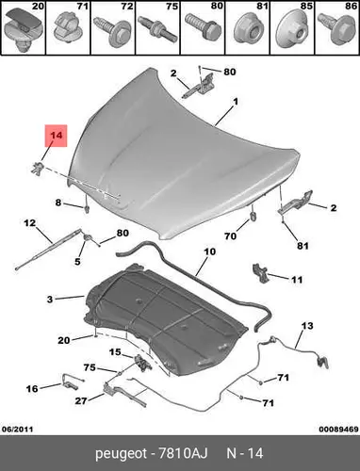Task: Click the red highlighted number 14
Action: coord(57,136)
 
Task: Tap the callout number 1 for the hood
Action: coord(235,102)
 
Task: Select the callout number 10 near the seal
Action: coord(210,252)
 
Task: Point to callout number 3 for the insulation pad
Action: coord(50,300)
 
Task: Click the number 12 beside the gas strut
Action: coord(30,223)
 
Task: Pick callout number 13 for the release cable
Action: coord(307,326)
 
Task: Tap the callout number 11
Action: coord(296,280)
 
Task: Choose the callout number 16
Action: coord(32,389)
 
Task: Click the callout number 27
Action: coord(81,401)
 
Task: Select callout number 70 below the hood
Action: coord(230,235)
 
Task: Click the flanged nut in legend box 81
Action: coord(247,30)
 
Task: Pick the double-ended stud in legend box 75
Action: coord(157,28)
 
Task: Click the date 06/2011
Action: coord(17,430)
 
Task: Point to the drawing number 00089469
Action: coord(338,430)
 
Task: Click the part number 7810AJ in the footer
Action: coord(182,454)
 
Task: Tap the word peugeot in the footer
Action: coord(121,454)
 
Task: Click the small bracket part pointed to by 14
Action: coord(37,167)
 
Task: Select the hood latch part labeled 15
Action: coord(141,363)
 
